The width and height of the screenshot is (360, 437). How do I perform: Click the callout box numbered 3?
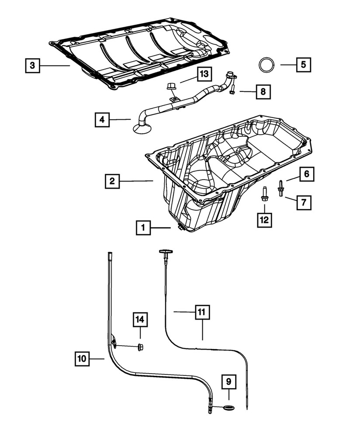tap(32, 66)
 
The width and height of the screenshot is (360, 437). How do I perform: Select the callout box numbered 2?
tap(112, 181)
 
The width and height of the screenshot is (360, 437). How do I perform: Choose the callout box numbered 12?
tap(264, 219)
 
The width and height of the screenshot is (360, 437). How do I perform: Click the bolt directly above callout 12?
tap(264, 194)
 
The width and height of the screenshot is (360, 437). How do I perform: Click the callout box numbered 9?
tap(229, 382)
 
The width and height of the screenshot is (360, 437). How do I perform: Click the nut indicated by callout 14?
tap(140, 347)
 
